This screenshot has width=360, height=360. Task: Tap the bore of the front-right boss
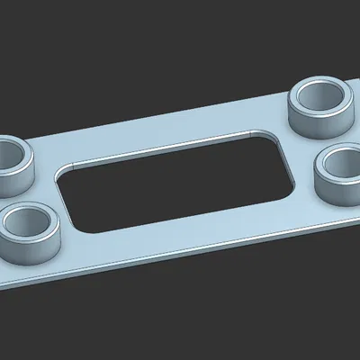[346, 163]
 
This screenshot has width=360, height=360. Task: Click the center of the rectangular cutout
[175, 184]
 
